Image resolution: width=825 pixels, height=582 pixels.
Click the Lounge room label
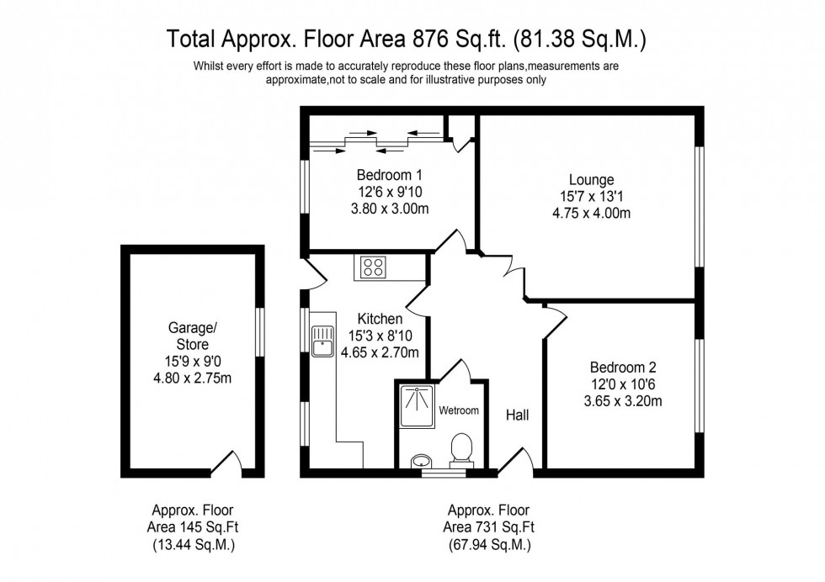pos(591,180)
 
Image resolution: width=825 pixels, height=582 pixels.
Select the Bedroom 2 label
pos(622,368)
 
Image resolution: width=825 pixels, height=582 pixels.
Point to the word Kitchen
pos(380,320)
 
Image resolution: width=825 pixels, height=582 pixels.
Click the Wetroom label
pos(459,411)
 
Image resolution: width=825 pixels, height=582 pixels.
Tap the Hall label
pos(517,415)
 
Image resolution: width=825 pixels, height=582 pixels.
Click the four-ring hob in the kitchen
pos(373,267)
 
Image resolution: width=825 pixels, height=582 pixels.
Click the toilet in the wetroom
pos(460,447)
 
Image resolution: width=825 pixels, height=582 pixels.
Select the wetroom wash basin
pos(421,460)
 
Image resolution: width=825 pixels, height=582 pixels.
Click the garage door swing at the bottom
pos(225,463)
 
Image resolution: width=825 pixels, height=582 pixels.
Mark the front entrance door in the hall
pos(515,463)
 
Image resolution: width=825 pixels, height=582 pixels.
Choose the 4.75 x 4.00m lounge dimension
pos(591,213)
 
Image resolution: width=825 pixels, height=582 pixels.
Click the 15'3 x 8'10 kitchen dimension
pos(380,336)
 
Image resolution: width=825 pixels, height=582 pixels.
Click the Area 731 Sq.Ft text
pos(488,527)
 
